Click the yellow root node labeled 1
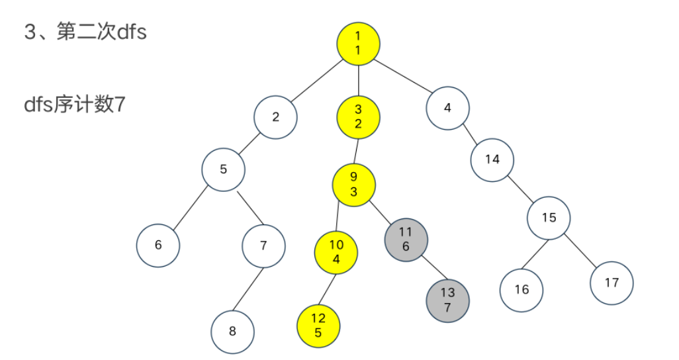(358, 44)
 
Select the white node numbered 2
(275, 118)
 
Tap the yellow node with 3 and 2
(358, 117)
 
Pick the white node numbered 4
(447, 108)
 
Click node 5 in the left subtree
(224, 169)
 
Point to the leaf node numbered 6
(158, 245)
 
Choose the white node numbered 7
(263, 246)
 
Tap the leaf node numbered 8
(232, 332)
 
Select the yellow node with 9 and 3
(353, 185)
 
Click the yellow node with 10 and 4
(336, 252)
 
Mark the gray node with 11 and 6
(406, 238)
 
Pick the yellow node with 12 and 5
(318, 326)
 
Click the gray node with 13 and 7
(447, 300)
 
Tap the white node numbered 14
(492, 159)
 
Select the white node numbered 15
(549, 218)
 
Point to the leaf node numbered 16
(521, 289)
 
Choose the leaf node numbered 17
(611, 283)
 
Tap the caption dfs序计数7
(74, 105)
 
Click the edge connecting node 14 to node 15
(521, 189)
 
